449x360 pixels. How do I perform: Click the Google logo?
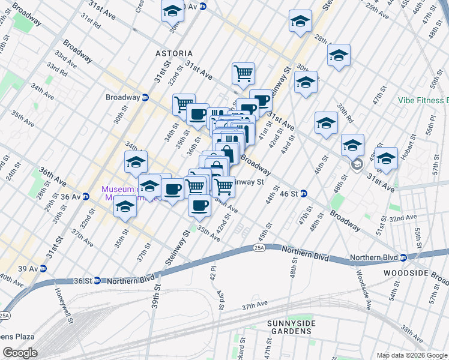click(19, 353)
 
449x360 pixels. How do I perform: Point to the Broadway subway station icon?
click(145, 97)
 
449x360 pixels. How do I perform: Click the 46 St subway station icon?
click(304, 193)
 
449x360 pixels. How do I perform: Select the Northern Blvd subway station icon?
click(403, 257)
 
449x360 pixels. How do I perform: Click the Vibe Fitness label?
click(423, 101)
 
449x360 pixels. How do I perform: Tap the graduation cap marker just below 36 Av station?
click(125, 206)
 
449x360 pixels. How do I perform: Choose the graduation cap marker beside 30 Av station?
click(173, 11)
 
